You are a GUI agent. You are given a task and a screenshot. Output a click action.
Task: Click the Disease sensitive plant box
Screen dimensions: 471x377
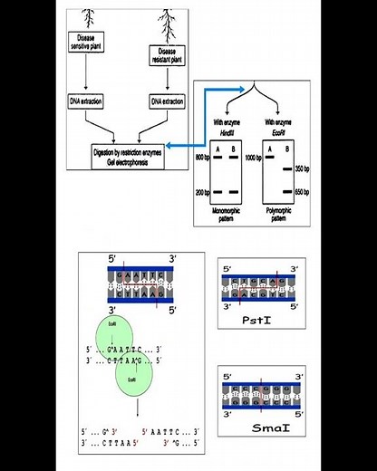[87, 45]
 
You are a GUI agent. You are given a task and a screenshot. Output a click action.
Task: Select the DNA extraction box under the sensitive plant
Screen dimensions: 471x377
[87, 100]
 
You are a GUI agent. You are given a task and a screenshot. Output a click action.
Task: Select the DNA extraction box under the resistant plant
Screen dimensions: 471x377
[168, 100]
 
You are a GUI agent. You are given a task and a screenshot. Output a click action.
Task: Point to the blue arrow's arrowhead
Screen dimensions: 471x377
[243, 89]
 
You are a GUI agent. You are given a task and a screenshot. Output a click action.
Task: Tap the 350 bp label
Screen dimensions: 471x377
[302, 169]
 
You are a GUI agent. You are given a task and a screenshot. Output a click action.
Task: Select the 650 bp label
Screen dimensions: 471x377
[302, 193]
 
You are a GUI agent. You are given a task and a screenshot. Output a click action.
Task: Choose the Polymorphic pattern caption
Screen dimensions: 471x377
[277, 214]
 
